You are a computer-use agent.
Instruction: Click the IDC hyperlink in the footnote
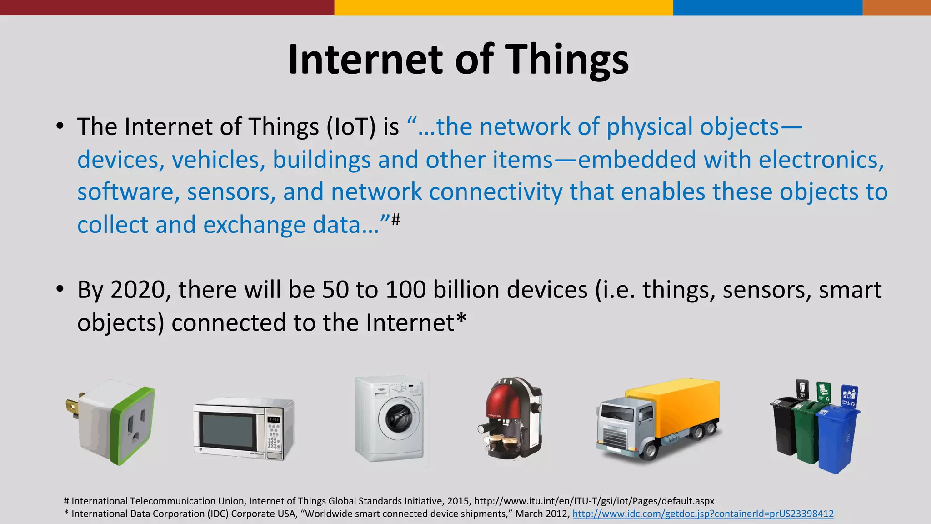pyautogui.click(x=703, y=514)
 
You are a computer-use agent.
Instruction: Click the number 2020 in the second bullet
pyautogui.click(x=138, y=290)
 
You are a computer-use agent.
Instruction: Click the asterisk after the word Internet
pyautogui.click(x=461, y=318)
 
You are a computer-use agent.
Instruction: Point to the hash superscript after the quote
pyautogui.click(x=395, y=220)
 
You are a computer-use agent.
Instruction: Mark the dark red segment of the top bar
pyautogui.click(x=167, y=7)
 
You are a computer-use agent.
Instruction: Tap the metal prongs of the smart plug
pyautogui.click(x=73, y=407)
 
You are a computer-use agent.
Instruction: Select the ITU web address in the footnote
pyautogui.click(x=594, y=501)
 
